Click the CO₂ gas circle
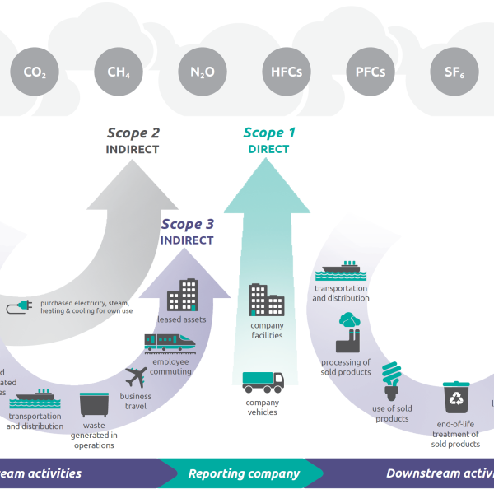pyautogui.click(x=35, y=72)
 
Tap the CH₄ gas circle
pyautogui.click(x=119, y=72)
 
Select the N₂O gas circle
pyautogui.click(x=203, y=72)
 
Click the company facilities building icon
pyautogui.click(x=267, y=300)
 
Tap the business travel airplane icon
pyautogui.click(x=136, y=378)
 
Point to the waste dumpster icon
pyautogui.click(x=94, y=404)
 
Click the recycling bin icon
pyautogui.click(x=455, y=397)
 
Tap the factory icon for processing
pyautogui.click(x=348, y=332)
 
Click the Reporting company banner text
pyautogui.click(x=244, y=473)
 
